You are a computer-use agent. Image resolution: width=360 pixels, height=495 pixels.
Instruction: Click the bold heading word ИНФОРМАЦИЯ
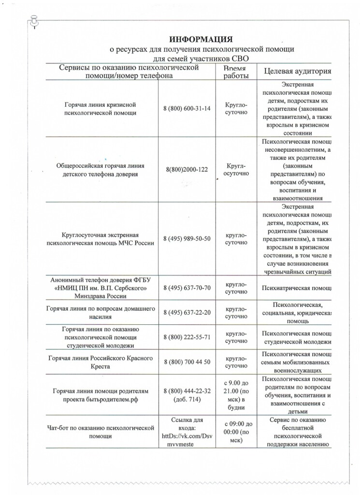(x=201, y=39)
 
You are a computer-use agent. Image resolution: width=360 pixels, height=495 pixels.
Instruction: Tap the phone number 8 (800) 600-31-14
(x=187, y=108)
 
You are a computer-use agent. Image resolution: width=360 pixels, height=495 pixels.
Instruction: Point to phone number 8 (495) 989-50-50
(x=187, y=239)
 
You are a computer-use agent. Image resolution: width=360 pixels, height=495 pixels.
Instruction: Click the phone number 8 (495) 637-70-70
(x=187, y=288)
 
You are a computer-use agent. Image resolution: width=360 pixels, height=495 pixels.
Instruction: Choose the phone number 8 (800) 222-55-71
(x=187, y=337)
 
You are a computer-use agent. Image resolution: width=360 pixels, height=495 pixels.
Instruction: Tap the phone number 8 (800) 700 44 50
(x=187, y=362)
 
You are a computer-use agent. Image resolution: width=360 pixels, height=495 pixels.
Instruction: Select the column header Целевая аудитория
(x=297, y=72)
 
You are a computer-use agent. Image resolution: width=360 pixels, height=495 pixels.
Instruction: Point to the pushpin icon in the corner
(x=34, y=21)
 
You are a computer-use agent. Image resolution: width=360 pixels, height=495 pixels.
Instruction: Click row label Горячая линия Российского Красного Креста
(x=102, y=362)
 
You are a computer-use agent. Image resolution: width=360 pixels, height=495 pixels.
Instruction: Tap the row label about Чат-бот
(x=101, y=432)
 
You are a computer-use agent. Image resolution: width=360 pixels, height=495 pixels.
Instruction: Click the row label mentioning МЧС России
(x=102, y=239)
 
